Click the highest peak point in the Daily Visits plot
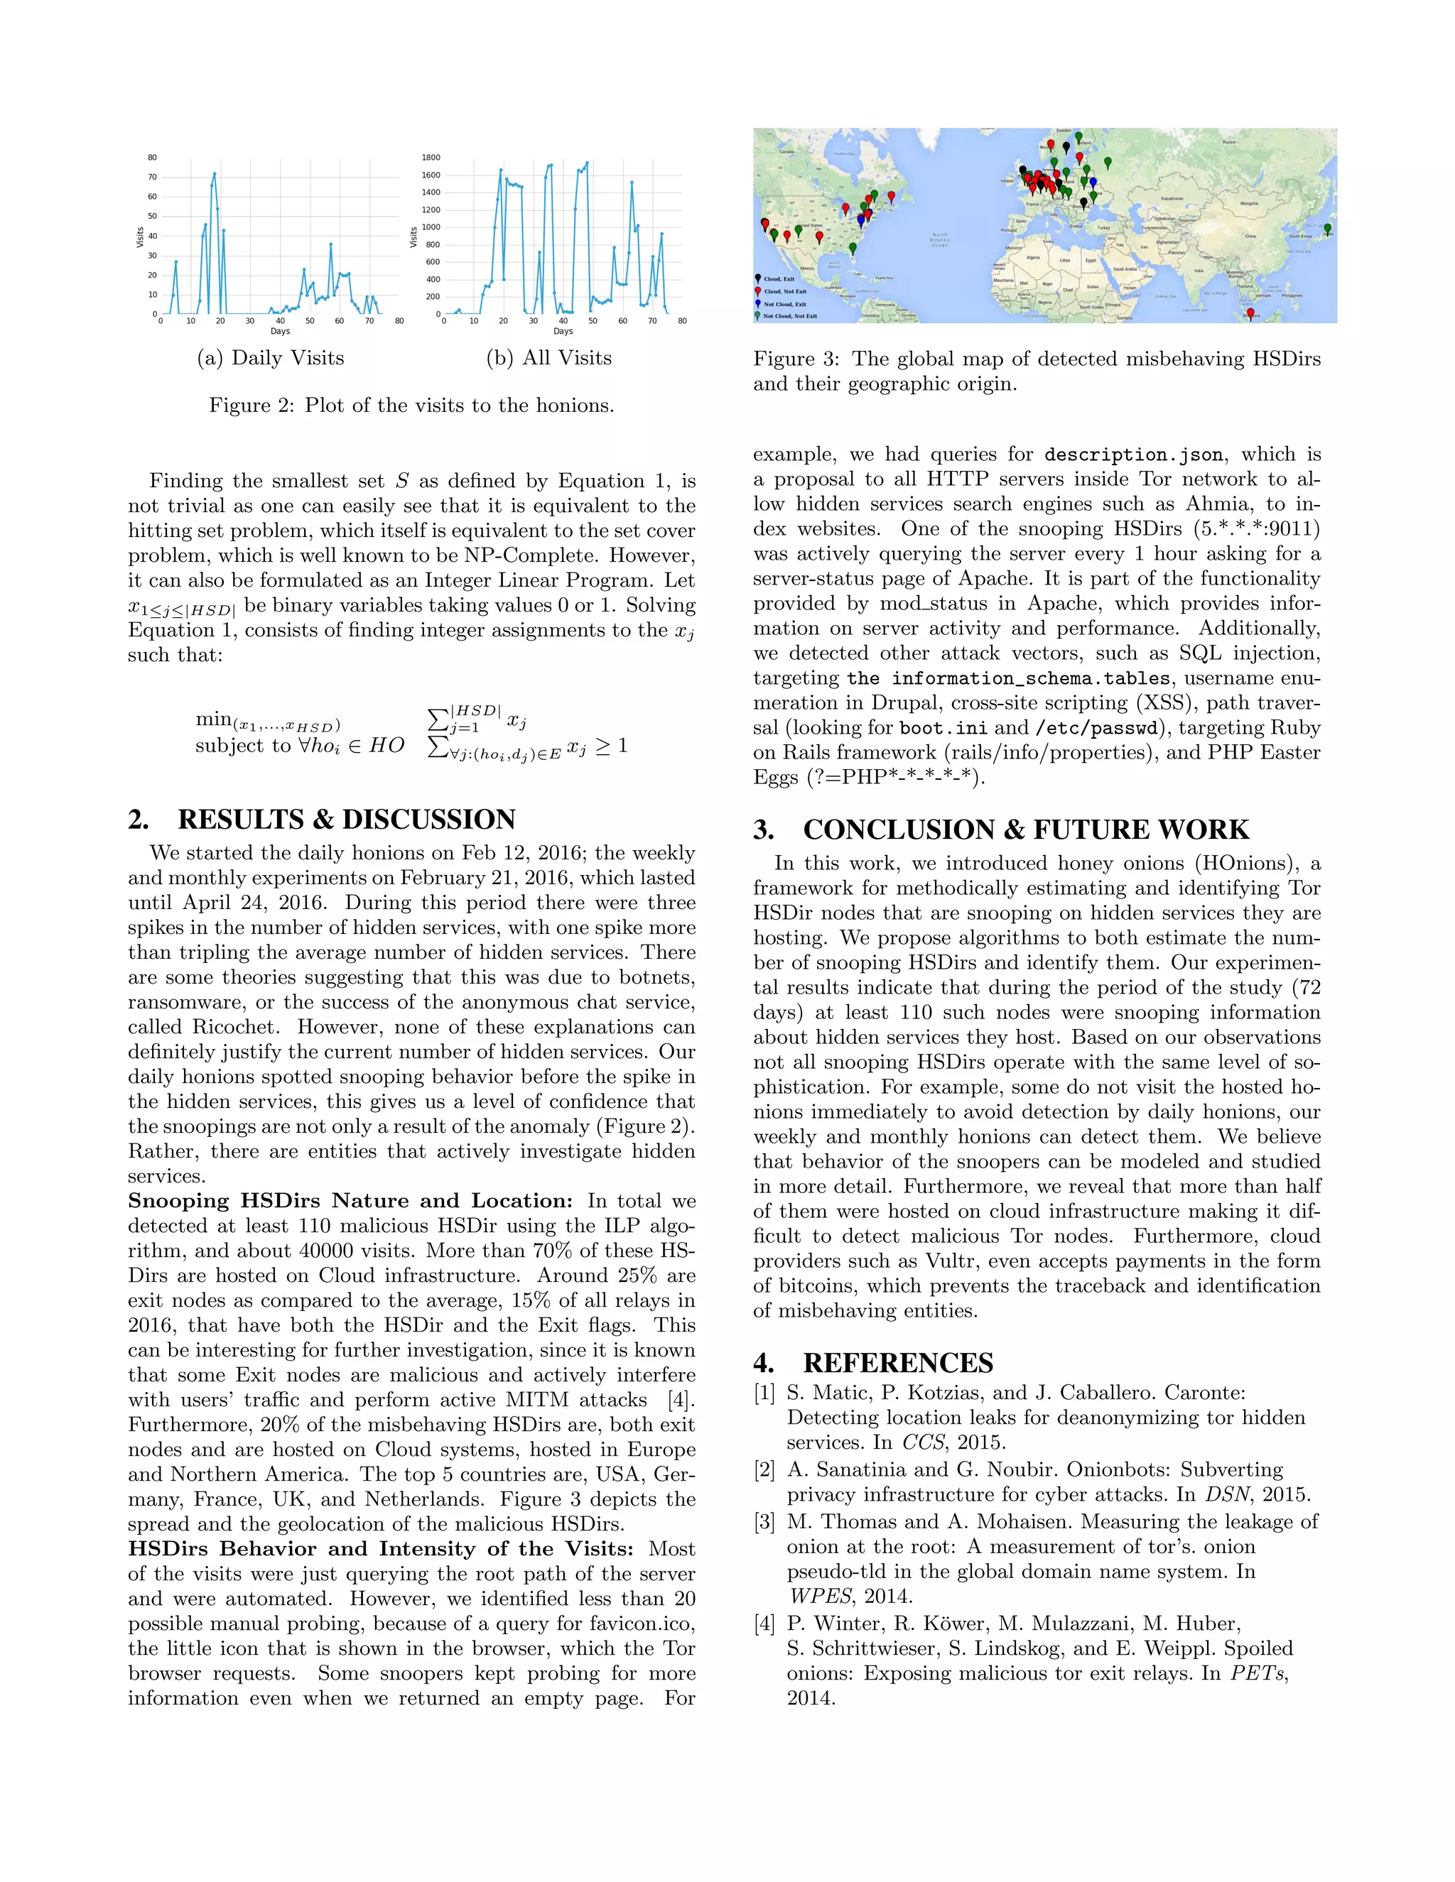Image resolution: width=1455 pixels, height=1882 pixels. pyautogui.click(x=215, y=174)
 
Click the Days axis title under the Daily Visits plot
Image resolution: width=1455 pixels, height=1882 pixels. pyautogui.click(x=280, y=331)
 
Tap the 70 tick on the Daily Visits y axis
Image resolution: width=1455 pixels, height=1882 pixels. pyautogui.click(x=153, y=178)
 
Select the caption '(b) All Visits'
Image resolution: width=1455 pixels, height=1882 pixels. pyautogui.click(x=549, y=359)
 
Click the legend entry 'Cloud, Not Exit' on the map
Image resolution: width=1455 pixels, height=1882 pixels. pyautogui.click(x=784, y=291)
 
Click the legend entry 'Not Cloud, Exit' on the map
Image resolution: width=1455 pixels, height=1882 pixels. pyautogui.click(x=784, y=303)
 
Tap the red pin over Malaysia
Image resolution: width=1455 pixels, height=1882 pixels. pyautogui.click(x=1250, y=314)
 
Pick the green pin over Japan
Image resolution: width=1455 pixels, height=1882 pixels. pyautogui.click(x=1327, y=229)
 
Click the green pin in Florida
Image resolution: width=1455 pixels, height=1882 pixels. pyautogui.click(x=853, y=248)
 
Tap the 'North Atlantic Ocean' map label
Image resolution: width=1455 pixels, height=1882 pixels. pyautogui.click(x=939, y=239)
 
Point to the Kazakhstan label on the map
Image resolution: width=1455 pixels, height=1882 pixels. pyautogui.click(x=1172, y=198)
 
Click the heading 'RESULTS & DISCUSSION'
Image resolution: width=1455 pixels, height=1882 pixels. pyautogui.click(x=347, y=820)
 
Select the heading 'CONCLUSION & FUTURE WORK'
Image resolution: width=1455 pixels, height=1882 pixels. pyautogui.click(x=1025, y=830)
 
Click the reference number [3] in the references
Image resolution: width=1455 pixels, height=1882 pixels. pyautogui.click(x=764, y=1522)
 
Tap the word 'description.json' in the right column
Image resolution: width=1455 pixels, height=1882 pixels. pyautogui.click(x=1132, y=455)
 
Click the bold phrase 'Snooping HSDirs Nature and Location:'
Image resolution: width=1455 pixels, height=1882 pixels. pyautogui.click(x=350, y=1201)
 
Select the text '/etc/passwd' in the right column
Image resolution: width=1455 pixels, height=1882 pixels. pyautogui.click(x=1096, y=728)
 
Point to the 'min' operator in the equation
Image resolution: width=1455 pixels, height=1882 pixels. pyautogui.click(x=213, y=719)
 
